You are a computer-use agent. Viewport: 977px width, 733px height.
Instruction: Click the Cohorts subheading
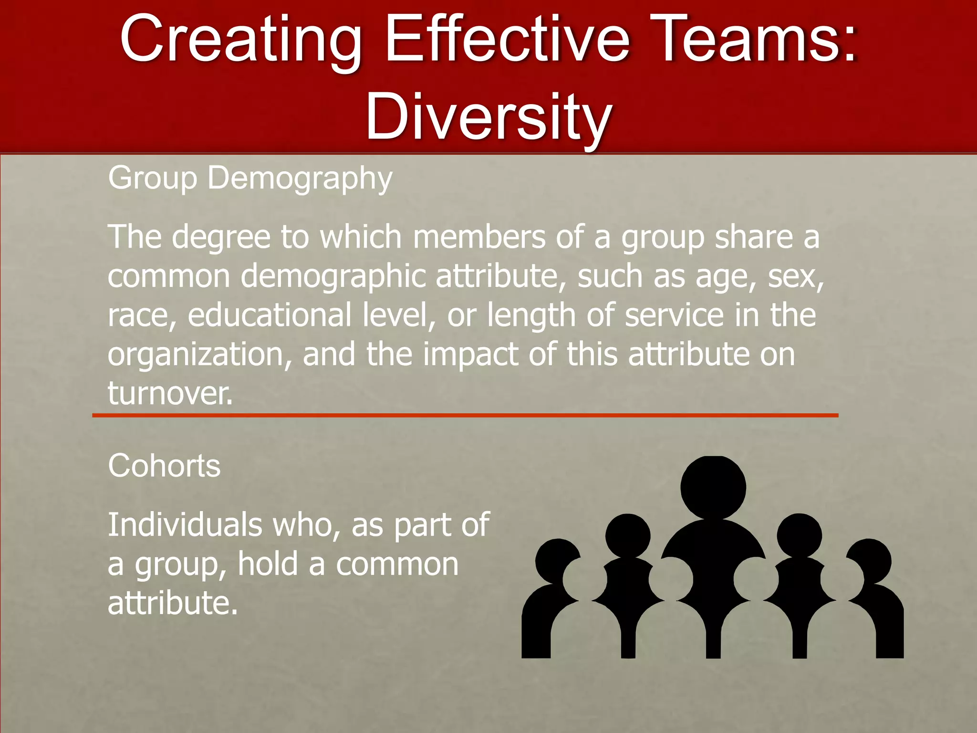pyautogui.click(x=164, y=465)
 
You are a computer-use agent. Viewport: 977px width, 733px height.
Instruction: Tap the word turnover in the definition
pyautogui.click(x=170, y=393)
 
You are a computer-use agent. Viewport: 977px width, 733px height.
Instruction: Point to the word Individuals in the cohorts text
pyautogui.click(x=185, y=524)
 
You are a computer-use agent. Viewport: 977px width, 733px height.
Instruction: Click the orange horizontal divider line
pyautogui.click(x=465, y=416)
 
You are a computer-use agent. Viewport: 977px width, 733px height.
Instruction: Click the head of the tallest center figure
pyautogui.click(x=713, y=487)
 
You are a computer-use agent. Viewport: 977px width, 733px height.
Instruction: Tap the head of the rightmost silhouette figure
pyautogui.click(x=869, y=561)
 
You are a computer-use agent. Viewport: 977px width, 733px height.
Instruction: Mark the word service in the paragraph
pyautogui.click(x=674, y=315)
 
